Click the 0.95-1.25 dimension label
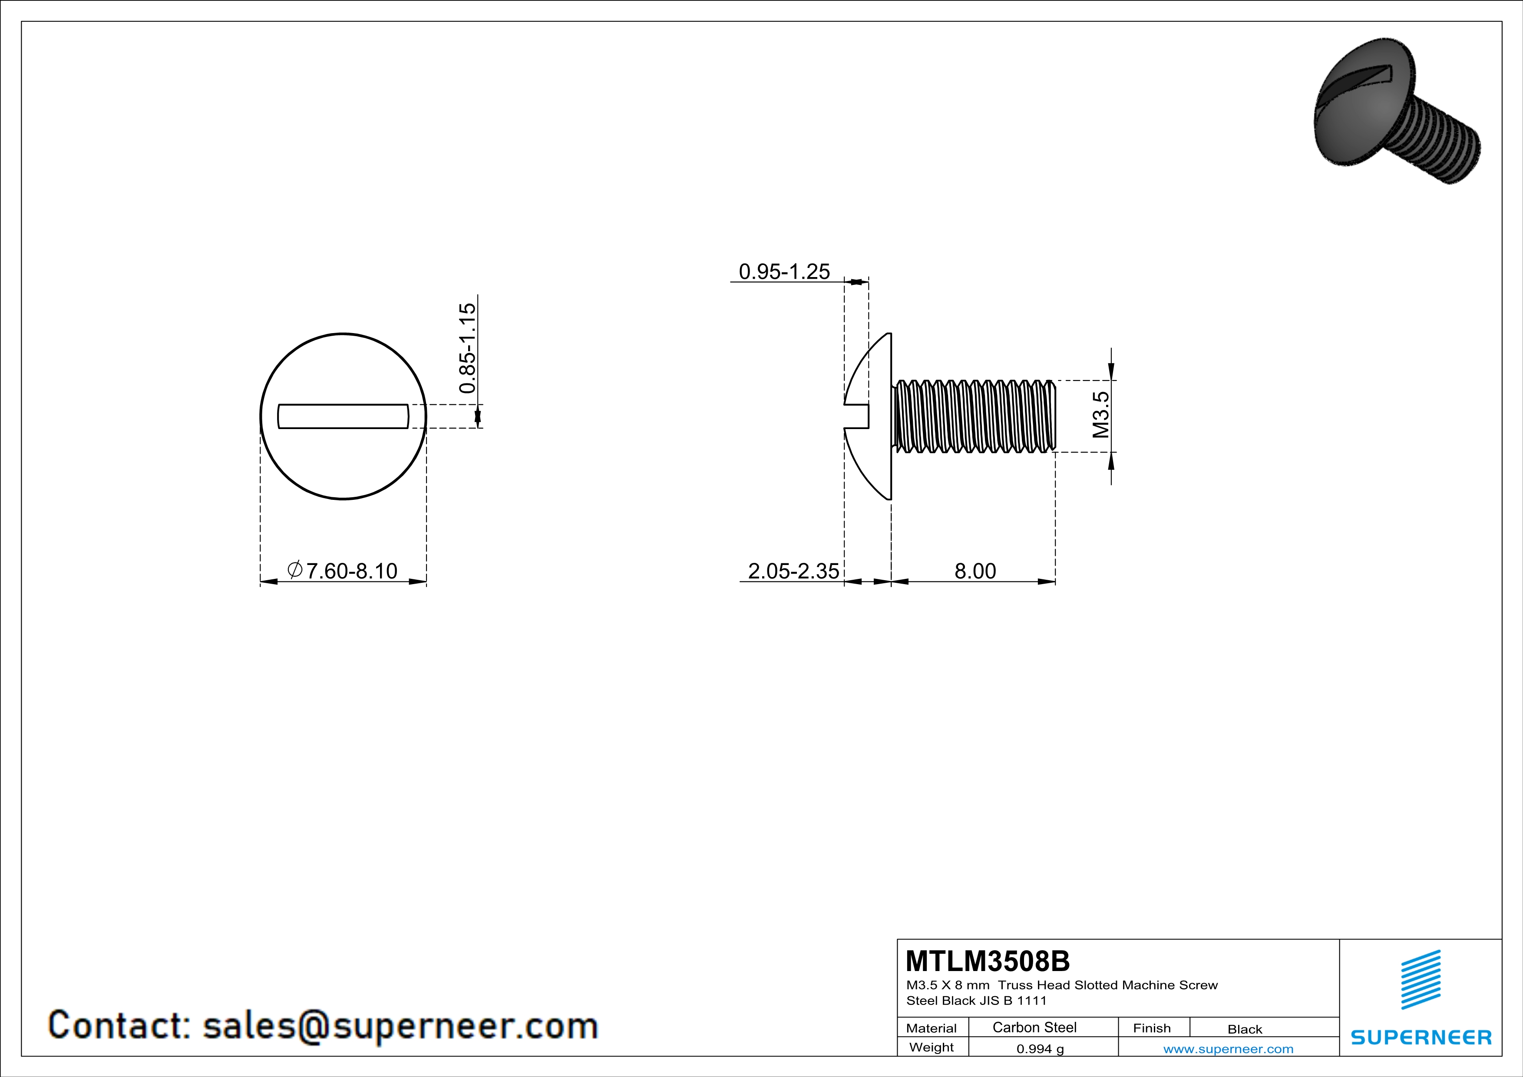pos(784,272)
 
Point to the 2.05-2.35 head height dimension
pos(793,571)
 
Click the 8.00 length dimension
pos(975,571)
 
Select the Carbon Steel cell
pos(1034,1027)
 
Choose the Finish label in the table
pos(1152,1028)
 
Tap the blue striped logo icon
pos(1420,980)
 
